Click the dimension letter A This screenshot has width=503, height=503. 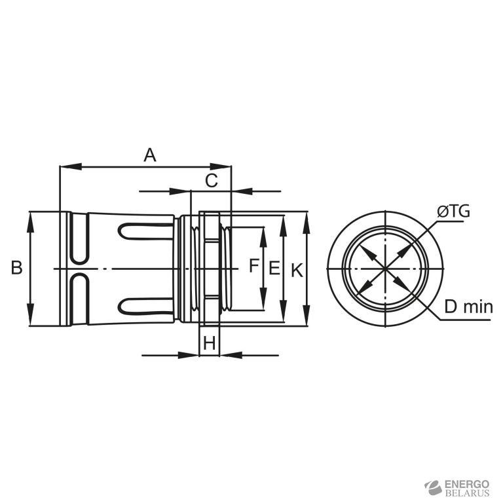pos(150,155)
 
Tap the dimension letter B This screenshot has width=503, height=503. pos(16,267)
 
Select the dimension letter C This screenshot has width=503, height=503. pos(212,181)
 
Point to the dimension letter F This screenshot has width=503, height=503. pos(253,266)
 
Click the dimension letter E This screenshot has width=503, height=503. pos(274,268)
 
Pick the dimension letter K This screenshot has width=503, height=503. pos(297,270)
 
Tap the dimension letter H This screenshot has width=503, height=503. pos(210,343)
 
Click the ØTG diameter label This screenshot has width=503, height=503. pos(454,212)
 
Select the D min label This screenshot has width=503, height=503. pos(468,307)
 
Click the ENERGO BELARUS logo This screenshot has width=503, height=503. pos(456,488)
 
